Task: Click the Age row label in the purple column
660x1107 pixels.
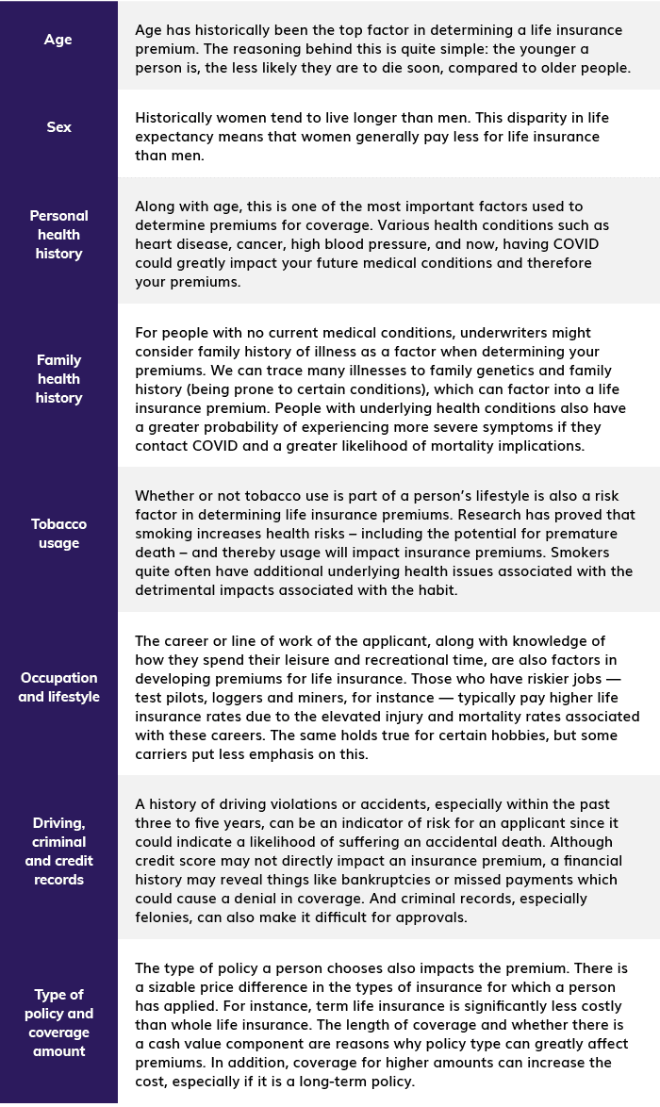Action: pyautogui.click(x=58, y=40)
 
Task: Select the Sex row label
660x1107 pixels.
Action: pyautogui.click(x=58, y=127)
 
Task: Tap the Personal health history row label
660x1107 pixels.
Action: pyautogui.click(x=58, y=235)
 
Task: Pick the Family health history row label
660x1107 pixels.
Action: pyautogui.click(x=58, y=379)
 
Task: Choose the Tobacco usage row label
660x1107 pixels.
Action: pyautogui.click(x=58, y=534)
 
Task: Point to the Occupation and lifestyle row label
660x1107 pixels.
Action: pyautogui.click(x=58, y=687)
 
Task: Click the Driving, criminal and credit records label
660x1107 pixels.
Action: pyautogui.click(x=58, y=851)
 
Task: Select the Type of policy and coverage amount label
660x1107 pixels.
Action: pyautogui.click(x=58, y=1023)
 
